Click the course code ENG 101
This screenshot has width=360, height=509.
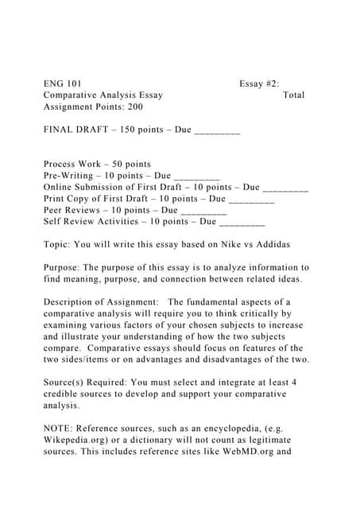point(62,84)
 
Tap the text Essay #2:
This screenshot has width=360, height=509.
point(258,84)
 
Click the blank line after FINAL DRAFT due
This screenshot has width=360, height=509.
point(217,130)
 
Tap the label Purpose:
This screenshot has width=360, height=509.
point(61,268)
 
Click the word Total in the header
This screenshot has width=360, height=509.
point(293,95)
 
